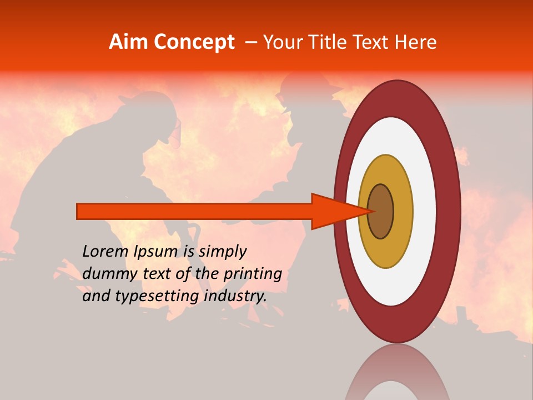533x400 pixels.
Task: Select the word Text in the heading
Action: [x=375, y=42]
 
